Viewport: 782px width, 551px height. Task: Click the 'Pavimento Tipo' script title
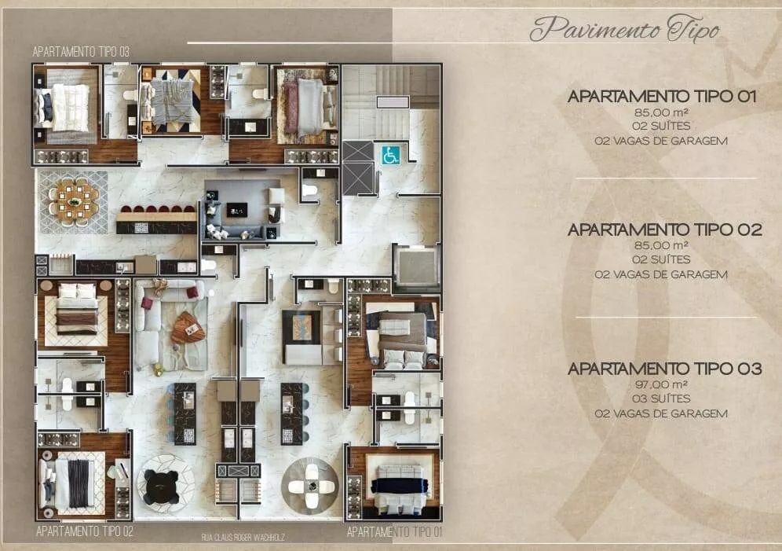click(624, 28)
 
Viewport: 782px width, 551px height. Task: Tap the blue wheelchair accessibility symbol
click(390, 155)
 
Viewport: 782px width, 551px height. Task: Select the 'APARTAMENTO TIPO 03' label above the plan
click(81, 52)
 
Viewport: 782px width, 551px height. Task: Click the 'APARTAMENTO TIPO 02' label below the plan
click(85, 531)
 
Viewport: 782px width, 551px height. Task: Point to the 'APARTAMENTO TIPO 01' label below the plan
click(394, 532)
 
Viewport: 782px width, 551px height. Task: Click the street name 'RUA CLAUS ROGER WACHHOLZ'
click(243, 538)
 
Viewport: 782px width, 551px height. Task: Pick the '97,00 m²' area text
click(661, 384)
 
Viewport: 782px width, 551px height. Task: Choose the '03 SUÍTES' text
click(661, 399)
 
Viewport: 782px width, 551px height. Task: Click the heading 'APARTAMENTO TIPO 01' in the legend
click(662, 97)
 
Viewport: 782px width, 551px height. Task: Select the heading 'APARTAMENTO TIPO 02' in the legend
click(665, 230)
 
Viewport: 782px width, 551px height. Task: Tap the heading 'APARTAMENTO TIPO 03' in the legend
click(665, 369)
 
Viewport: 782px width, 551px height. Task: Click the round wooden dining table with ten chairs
click(74, 202)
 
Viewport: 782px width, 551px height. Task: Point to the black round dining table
click(161, 487)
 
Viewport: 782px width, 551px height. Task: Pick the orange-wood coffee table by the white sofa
click(188, 329)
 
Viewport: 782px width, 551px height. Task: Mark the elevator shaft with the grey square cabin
click(417, 267)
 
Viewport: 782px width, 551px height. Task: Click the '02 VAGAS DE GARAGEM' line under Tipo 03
click(661, 413)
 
